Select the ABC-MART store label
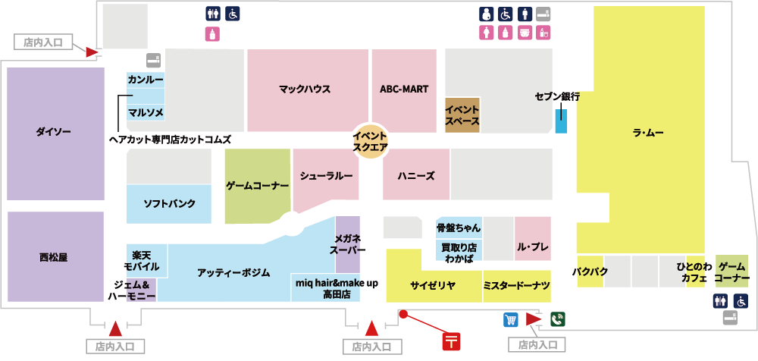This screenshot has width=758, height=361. click(x=404, y=89)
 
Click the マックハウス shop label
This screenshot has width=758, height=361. click(x=305, y=89)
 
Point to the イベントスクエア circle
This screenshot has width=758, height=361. click(x=371, y=141)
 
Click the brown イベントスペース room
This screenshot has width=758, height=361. click(x=462, y=115)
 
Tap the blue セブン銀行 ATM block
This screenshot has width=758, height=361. click(x=560, y=121)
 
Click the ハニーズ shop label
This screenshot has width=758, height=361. click(x=415, y=175)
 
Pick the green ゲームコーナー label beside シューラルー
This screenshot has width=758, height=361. click(x=258, y=185)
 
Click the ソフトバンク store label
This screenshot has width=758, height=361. click(x=170, y=203)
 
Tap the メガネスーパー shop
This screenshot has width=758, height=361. click(x=348, y=244)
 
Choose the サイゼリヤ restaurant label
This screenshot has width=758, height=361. click(x=432, y=285)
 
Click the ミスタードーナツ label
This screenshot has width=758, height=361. click(x=516, y=285)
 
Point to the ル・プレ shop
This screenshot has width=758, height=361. click(x=533, y=247)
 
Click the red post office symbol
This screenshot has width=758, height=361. click(x=452, y=341)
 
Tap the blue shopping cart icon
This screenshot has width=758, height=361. click(x=510, y=319)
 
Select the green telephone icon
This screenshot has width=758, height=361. click(x=557, y=319)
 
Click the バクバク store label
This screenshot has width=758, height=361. click(x=587, y=272)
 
